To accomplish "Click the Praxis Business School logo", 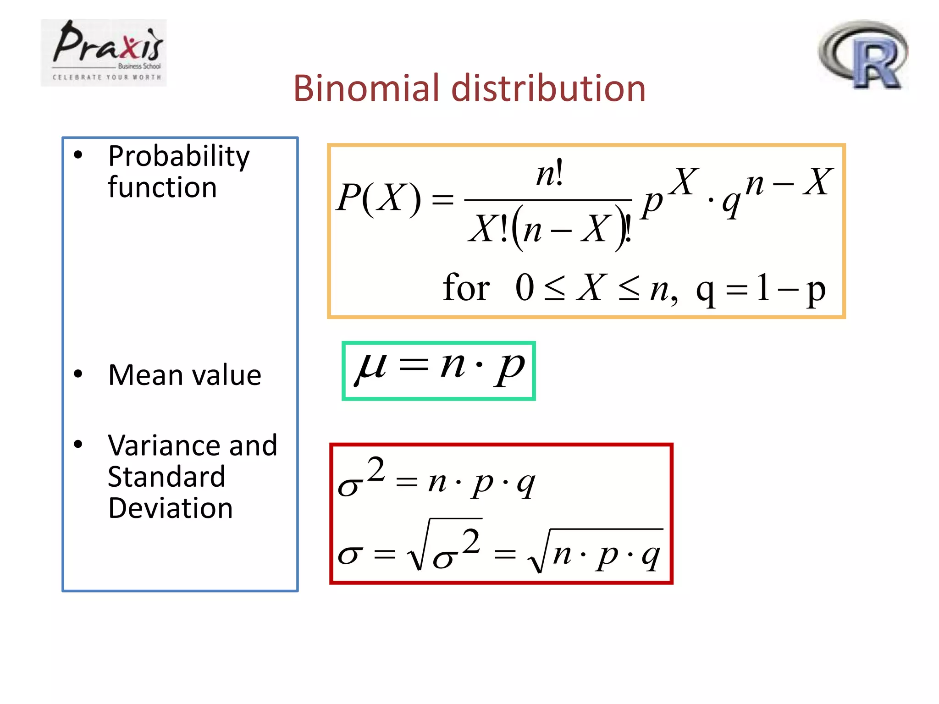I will click(104, 53).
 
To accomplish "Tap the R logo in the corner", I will click(863, 55).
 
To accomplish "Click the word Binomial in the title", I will click(366, 88).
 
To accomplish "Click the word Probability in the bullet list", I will click(179, 157).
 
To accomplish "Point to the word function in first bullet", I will click(162, 187).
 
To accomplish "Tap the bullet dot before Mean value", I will click(78, 374).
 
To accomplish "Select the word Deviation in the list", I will click(171, 508).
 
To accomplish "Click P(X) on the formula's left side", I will click(378, 198).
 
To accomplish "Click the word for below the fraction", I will click(466, 288).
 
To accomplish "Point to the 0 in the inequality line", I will click(525, 288).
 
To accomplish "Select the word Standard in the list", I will click(166, 477).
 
